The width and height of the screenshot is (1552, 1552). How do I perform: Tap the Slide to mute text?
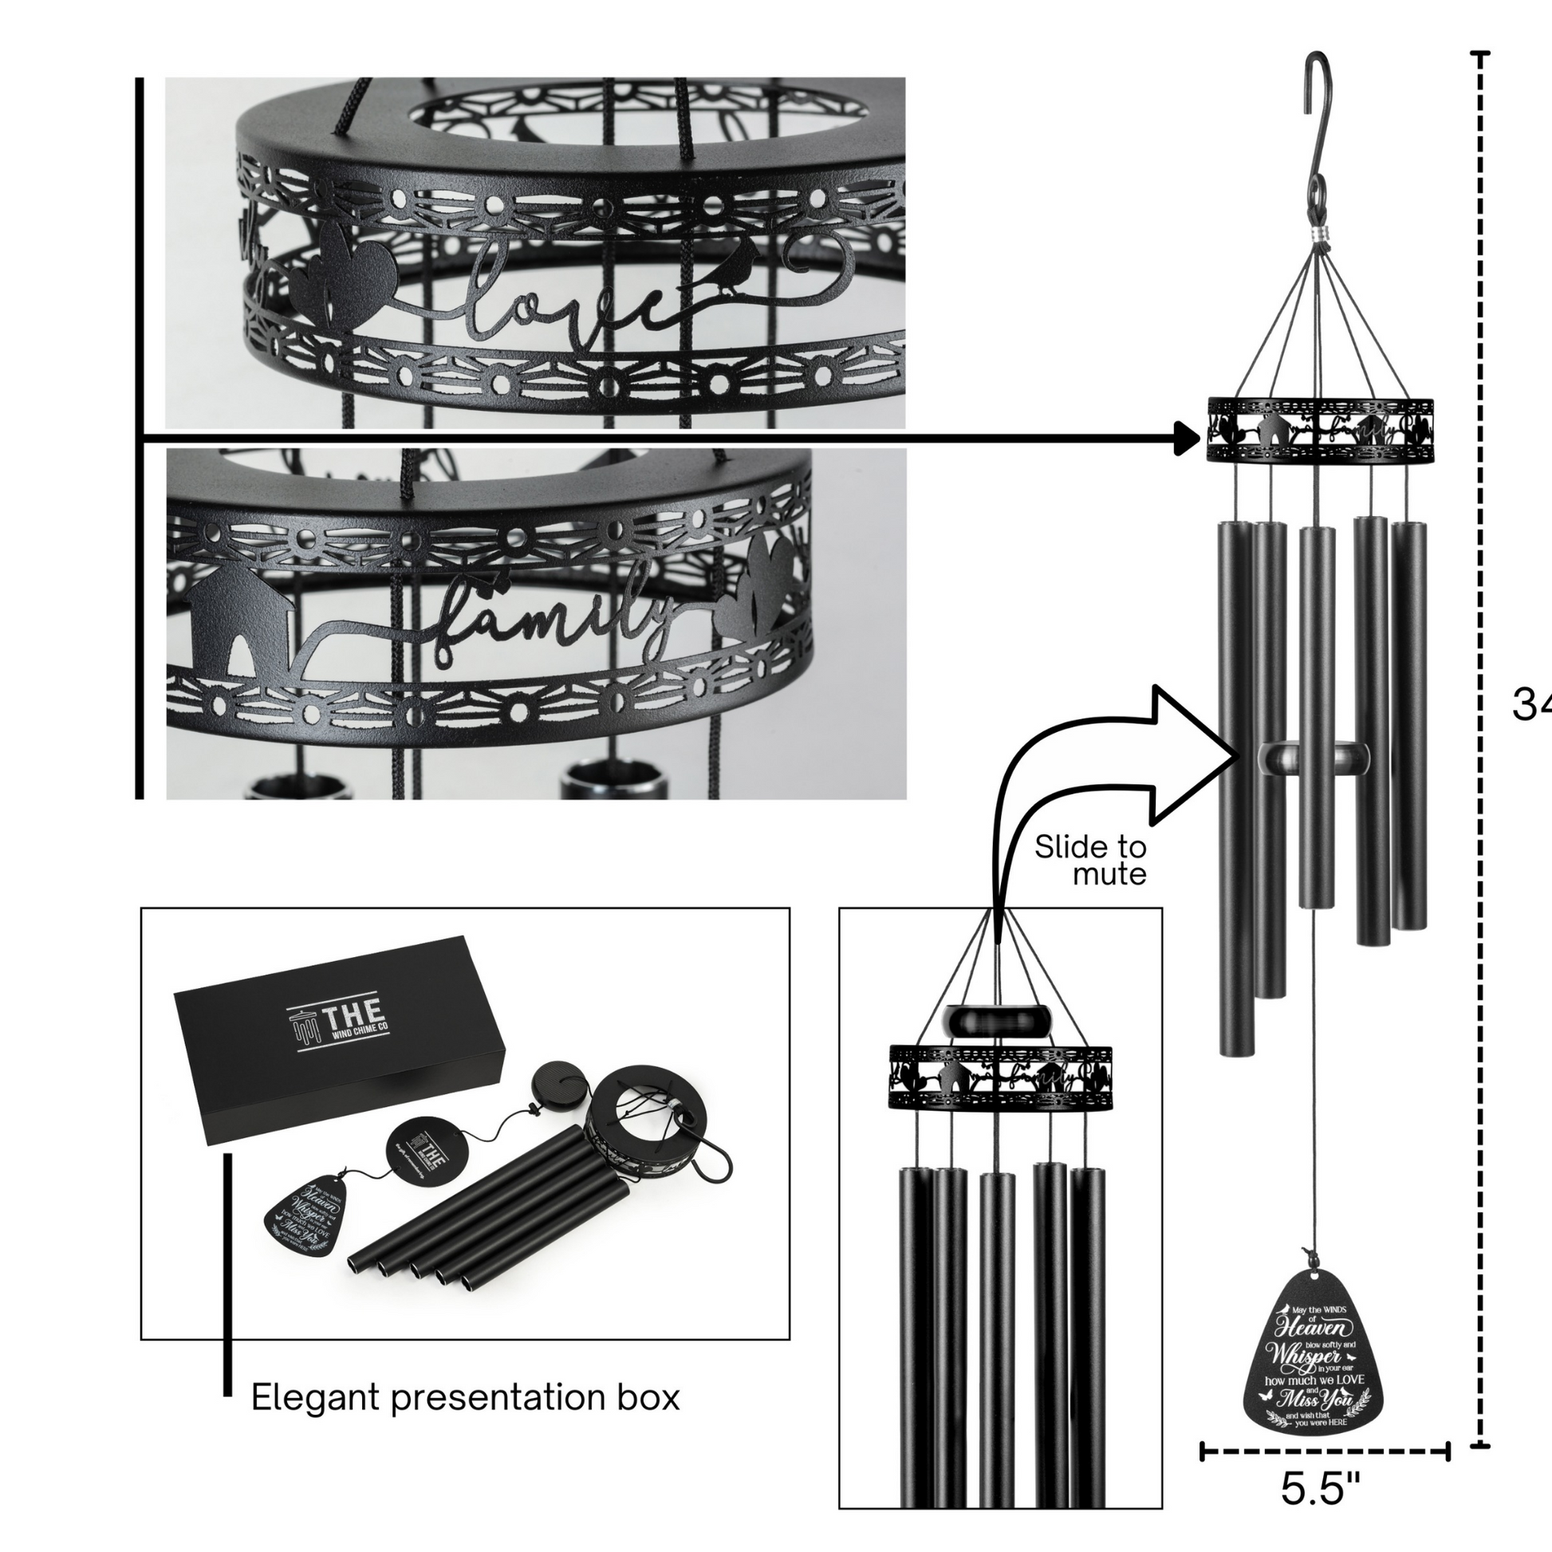(x=1090, y=861)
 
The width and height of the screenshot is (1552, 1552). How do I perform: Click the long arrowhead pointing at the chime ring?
(x=1186, y=439)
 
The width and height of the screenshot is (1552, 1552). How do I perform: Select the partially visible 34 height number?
(x=1530, y=704)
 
